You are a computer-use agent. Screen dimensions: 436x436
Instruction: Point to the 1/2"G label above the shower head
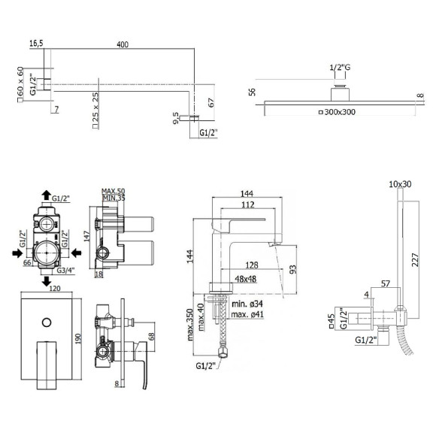pyautogui.click(x=340, y=68)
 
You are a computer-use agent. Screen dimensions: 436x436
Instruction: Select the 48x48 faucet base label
pyautogui.click(x=246, y=278)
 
